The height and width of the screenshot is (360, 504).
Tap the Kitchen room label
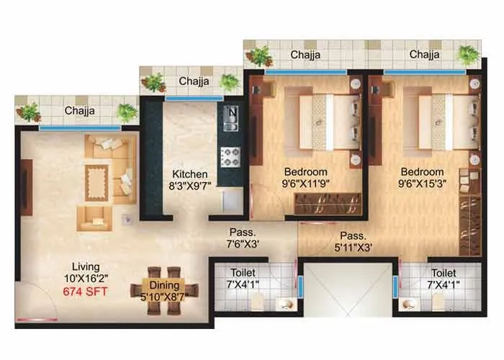click(x=190, y=174)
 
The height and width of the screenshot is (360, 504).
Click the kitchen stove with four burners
click(x=229, y=156)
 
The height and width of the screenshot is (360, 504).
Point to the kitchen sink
click(x=230, y=119)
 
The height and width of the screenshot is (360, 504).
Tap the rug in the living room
click(x=96, y=176)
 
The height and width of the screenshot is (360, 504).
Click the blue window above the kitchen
click(x=184, y=98)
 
